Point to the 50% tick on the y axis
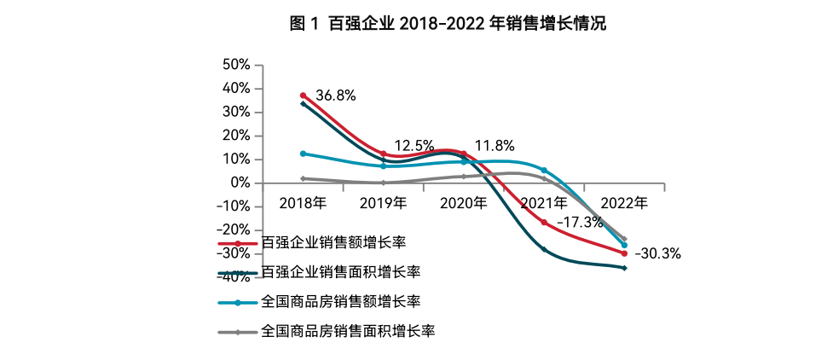(235, 64)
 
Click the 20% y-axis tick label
(235, 136)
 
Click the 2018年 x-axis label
(303, 203)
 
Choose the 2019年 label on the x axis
(383, 203)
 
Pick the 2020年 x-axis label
(463, 203)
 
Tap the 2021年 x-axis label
(544, 203)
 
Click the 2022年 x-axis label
(624, 203)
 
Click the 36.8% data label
(335, 96)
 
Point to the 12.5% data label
(414, 146)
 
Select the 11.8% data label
(494, 146)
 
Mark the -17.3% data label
(580, 222)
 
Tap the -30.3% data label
(658, 253)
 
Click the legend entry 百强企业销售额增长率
(333, 244)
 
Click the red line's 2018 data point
(303, 96)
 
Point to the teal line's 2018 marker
(303, 154)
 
